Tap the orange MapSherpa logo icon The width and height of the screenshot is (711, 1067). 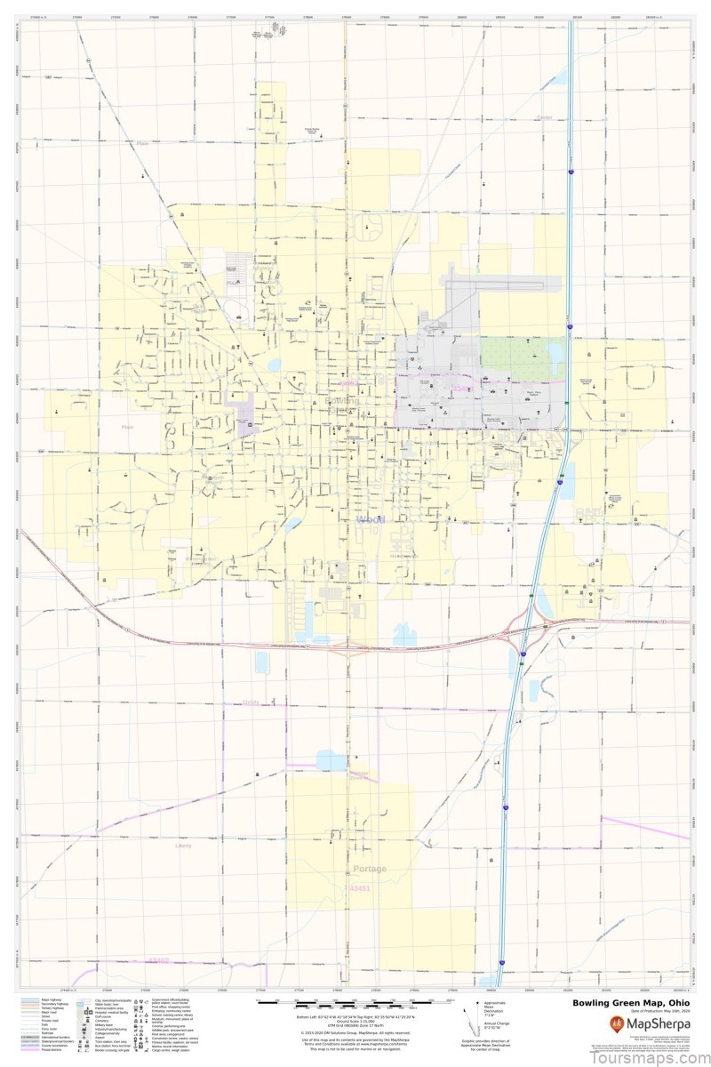tap(616, 1023)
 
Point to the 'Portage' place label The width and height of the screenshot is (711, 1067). tap(370, 868)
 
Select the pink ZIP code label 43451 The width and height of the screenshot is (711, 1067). tap(359, 887)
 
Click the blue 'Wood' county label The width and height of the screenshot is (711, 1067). tap(369, 519)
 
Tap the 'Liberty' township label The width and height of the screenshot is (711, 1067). tap(183, 845)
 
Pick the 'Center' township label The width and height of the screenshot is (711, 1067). tap(545, 117)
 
